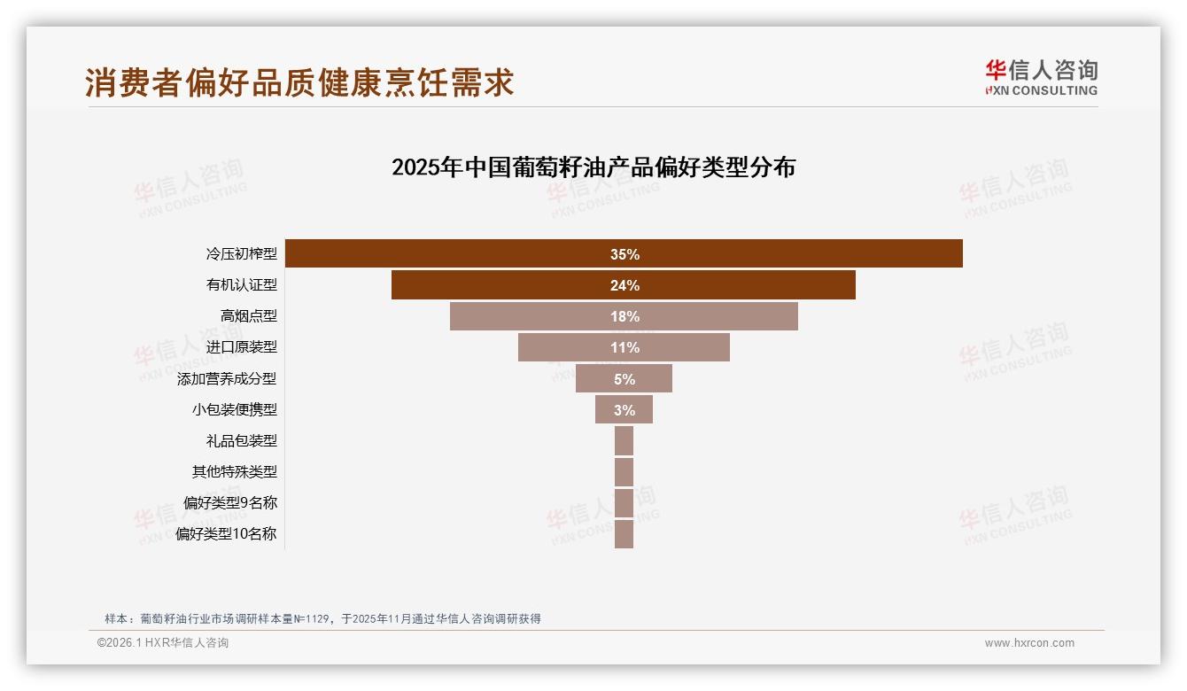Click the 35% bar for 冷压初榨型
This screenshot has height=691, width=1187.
point(624,253)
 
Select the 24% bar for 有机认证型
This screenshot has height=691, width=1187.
point(624,285)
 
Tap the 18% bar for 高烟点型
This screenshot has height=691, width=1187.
point(624,316)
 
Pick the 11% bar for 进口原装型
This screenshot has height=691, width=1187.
point(624,347)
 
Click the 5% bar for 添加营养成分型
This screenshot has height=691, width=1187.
point(624,378)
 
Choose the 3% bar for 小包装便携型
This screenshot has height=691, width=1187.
point(624,409)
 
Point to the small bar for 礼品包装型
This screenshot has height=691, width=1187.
point(624,440)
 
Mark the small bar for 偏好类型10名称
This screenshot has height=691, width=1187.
point(624,533)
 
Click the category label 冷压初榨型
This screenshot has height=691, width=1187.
point(241,254)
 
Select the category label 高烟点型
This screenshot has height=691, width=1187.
point(248,316)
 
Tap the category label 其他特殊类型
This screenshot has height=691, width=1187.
point(234,471)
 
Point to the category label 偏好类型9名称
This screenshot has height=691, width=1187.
point(229,502)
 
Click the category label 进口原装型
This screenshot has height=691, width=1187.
point(241,347)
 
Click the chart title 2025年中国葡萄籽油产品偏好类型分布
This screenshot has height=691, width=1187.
point(593,167)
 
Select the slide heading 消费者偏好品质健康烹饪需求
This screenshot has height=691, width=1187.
point(299,82)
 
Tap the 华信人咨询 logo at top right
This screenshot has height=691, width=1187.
point(1041,78)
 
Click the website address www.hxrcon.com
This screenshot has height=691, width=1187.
point(1029,643)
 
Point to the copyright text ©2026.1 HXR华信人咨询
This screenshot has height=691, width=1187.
point(163,643)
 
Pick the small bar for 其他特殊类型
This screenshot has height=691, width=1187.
point(624,471)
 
